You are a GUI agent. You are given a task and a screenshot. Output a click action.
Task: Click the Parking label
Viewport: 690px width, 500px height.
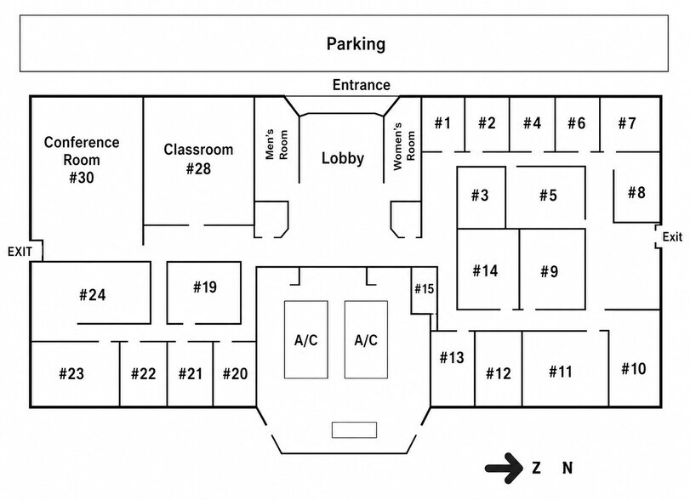coord(356,44)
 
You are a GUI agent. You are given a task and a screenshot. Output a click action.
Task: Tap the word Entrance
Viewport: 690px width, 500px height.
coord(362,85)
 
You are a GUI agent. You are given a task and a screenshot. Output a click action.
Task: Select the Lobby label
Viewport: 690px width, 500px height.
coord(342,158)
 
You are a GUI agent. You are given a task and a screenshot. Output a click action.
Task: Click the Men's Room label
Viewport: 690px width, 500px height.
coord(277,145)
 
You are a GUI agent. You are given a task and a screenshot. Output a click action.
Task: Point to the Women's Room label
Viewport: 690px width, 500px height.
coord(404,146)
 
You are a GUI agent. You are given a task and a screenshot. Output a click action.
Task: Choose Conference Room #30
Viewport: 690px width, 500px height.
coord(82,160)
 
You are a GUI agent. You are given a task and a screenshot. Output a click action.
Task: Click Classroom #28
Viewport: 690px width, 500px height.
coord(198,159)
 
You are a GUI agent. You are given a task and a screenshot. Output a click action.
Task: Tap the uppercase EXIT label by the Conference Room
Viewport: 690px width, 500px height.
coord(20,252)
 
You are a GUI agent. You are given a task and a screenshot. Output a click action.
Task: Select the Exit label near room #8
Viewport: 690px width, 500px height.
coord(672,237)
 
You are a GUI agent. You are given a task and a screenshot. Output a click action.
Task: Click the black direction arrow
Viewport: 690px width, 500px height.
coord(505,468)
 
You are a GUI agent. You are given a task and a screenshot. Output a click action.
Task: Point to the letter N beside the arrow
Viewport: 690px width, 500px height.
coord(567,468)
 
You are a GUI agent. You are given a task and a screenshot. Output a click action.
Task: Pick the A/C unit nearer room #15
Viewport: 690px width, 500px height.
coord(366,339)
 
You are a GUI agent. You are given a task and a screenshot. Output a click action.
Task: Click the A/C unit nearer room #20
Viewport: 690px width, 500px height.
coord(305,339)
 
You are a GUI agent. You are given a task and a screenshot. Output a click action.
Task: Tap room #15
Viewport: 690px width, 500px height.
coord(424,290)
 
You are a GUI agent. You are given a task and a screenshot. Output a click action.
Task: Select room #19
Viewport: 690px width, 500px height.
coord(203,293)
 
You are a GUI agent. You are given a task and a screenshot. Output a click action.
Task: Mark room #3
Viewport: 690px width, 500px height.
coord(481,197)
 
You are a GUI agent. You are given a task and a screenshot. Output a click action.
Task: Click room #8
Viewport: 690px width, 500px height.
coord(636,196)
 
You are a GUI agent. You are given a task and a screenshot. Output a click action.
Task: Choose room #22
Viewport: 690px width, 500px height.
coord(144,374)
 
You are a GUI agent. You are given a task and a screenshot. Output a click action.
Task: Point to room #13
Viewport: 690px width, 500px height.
coord(452,368)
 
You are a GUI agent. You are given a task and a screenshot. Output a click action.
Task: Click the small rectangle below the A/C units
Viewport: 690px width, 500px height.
coord(354,429)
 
